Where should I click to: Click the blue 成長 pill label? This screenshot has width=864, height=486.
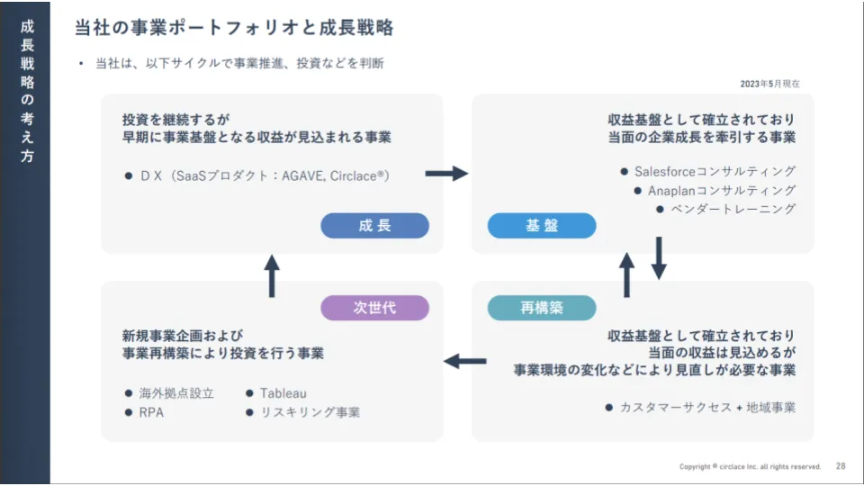tap(374, 226)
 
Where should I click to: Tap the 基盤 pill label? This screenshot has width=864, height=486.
tap(542, 226)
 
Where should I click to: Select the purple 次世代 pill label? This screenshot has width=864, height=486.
tap(374, 308)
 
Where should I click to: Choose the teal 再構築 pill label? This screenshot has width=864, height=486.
tap(542, 308)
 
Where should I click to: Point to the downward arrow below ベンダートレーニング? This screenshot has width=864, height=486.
tap(658, 258)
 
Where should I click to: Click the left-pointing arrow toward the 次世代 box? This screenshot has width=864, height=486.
tap(465, 361)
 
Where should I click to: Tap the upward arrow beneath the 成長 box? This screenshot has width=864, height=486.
tap(273, 275)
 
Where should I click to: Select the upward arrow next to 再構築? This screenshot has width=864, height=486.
tap(627, 274)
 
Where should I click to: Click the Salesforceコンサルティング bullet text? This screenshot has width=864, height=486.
tap(715, 171)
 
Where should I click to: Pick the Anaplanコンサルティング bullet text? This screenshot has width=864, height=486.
tap(722, 191)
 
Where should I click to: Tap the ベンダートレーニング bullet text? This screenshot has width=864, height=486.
tap(733, 210)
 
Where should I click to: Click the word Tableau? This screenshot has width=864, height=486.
tap(283, 393)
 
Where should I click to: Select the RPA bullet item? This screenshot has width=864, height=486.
tap(150, 412)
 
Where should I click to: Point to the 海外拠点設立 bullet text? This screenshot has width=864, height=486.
tap(176, 393)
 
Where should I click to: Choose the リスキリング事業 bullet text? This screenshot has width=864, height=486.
tap(310, 412)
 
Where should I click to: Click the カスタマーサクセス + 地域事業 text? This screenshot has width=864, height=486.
tap(707, 407)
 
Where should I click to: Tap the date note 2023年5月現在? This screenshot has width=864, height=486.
tap(769, 84)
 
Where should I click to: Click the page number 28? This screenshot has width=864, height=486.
tap(841, 466)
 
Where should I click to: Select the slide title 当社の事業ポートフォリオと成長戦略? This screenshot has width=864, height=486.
tap(234, 28)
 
